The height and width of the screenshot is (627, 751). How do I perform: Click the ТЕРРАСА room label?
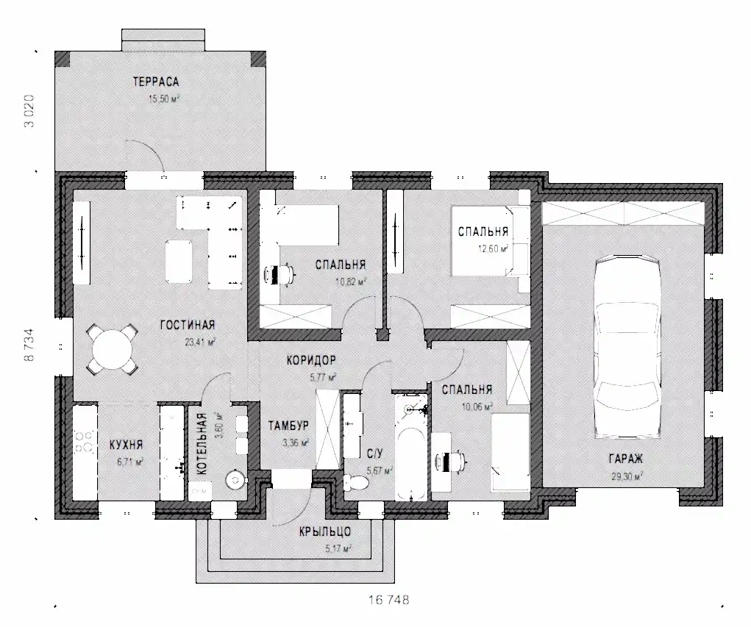tap(156, 82)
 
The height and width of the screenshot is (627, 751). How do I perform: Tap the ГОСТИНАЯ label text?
tap(188, 326)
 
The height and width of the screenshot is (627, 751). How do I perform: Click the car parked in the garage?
tap(627, 346)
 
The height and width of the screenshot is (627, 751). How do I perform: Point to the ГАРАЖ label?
tap(625, 459)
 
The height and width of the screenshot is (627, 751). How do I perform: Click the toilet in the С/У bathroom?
tap(356, 482)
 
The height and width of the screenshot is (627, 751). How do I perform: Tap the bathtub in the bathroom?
tap(411, 448)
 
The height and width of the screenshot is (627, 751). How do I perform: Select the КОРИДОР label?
tap(311, 360)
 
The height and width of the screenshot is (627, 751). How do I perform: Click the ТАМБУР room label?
tap(288, 426)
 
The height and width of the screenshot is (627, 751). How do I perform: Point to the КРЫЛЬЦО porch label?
tap(325, 531)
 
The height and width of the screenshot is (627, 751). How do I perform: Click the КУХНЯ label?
tap(127, 445)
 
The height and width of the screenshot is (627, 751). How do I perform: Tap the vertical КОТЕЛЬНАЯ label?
tap(202, 444)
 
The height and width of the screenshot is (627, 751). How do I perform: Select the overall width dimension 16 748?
tap(389, 600)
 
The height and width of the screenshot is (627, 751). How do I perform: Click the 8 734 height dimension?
tap(29, 345)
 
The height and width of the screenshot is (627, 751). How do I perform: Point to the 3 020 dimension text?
tap(29, 111)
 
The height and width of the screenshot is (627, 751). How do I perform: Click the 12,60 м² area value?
tap(493, 249)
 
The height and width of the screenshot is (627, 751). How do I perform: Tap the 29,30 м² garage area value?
tap(627, 476)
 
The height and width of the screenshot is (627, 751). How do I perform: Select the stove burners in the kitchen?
tap(85, 442)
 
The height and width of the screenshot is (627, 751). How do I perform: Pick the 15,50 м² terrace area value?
tap(164, 99)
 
